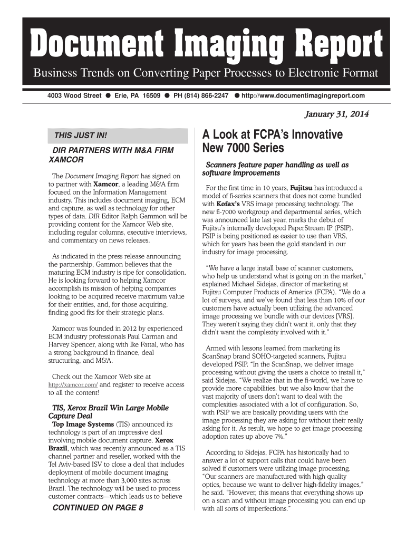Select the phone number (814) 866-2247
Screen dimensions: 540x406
pyautogui.click(x=201, y=96)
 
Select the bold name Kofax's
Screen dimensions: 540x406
pyautogui.click(x=228, y=204)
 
